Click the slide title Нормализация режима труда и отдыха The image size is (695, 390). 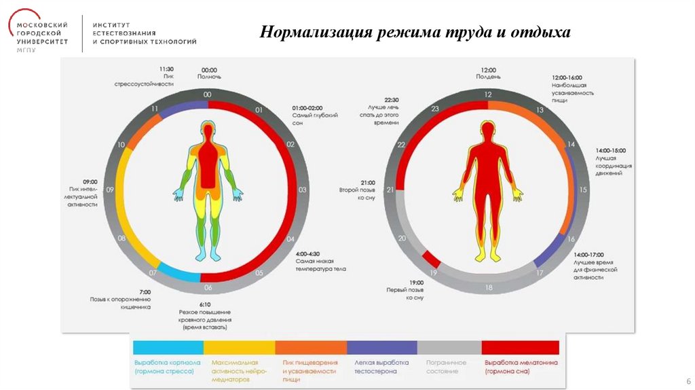[416, 32]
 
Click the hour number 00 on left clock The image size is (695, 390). [208, 94]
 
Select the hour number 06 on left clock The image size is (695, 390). [208, 287]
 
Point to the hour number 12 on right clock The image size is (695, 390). [488, 95]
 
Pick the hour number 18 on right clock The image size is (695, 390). [488, 287]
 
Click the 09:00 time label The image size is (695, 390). [90, 182]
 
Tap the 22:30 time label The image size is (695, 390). [381, 99]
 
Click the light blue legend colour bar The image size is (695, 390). [168, 348]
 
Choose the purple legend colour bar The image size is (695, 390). [381, 348]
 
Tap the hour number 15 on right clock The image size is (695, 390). [583, 190]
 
